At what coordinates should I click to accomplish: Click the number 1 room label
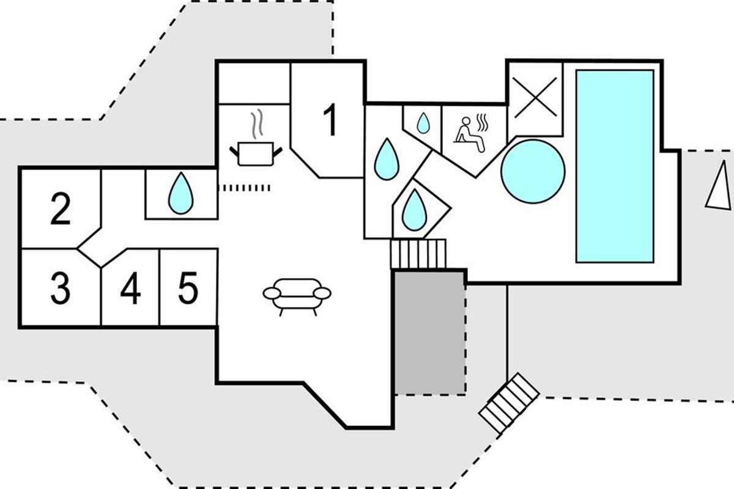[x=330, y=120]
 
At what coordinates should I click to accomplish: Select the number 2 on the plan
[x=60, y=209]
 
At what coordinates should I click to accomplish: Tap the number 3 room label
[x=60, y=289]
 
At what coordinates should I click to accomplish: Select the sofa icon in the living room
[x=297, y=296]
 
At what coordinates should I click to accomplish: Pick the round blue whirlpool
[x=533, y=171]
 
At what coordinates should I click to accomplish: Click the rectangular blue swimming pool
[x=614, y=166]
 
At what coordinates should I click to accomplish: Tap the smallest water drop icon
[x=423, y=124]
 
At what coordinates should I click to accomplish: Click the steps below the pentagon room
[x=419, y=254]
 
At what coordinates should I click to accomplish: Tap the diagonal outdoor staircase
[x=509, y=404]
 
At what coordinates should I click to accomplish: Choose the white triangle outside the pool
[x=718, y=189]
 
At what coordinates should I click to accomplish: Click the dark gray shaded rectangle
[x=429, y=333]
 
